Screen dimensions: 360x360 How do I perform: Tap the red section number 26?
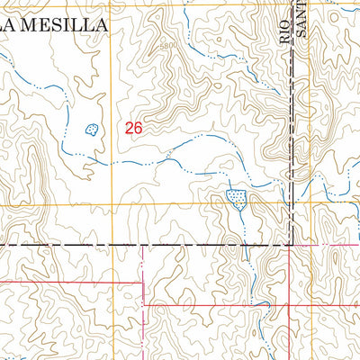(134, 128)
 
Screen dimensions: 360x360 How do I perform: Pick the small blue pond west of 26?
(91, 130)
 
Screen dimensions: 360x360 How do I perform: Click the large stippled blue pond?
(237, 197)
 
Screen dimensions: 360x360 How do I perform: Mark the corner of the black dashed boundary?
(290, 244)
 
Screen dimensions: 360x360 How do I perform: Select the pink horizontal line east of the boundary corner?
(324, 244)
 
